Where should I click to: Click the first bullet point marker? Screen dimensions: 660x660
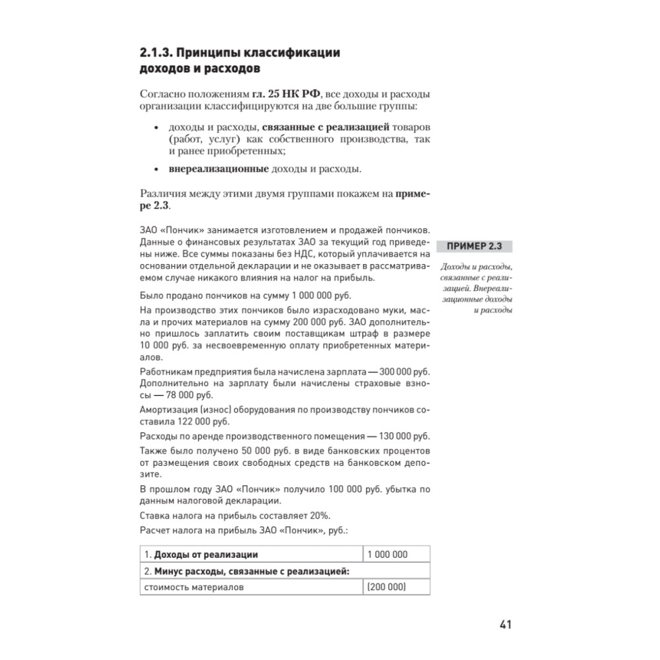coord(156,128)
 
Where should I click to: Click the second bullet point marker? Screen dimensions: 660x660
coord(156,170)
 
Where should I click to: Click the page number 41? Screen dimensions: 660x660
coord(506,624)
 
